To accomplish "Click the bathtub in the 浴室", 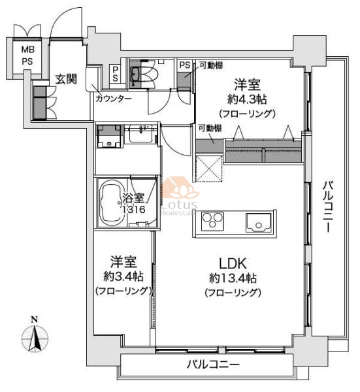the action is coord(112,203).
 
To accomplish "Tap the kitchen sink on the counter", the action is coord(259,223).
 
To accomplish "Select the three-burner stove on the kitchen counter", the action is coord(212,220).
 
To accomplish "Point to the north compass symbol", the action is coord(35,335).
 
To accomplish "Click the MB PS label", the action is coord(27,56).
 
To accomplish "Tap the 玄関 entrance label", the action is coord(66,79).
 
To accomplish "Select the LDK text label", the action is coord(233,263).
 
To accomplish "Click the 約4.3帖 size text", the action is coord(247,99).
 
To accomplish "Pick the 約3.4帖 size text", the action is coord(123,276).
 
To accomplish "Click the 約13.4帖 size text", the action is coord(233,278).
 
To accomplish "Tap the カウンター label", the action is coord(114,99).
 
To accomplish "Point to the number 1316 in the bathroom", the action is coord(134,209).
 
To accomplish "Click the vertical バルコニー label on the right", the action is coord(328,207).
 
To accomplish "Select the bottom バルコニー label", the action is coord(213,365).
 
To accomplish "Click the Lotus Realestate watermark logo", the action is coord(180,196).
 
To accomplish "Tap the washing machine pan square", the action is coord(109,137).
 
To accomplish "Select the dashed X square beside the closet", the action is coord(209,168).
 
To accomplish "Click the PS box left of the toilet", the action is coord(115,74).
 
